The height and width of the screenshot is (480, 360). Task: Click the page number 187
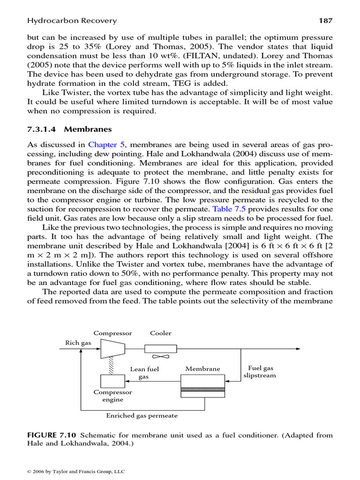tap(326, 21)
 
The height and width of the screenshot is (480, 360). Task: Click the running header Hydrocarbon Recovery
tap(72, 21)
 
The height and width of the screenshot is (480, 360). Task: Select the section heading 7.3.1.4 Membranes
tap(69, 129)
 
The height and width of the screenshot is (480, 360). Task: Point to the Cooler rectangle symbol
tap(160, 349)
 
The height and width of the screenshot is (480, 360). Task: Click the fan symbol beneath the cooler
tap(160, 357)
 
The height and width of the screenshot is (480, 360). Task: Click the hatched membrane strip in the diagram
tap(203, 389)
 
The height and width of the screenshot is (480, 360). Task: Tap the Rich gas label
tap(78, 343)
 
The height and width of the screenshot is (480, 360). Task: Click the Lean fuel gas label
tap(144, 373)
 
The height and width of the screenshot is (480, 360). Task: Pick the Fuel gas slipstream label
tap(260, 372)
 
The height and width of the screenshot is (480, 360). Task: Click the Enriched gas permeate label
tap(142, 415)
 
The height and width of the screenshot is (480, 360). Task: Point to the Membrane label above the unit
tap(202, 369)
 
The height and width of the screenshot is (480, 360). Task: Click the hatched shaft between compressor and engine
tap(112, 366)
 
